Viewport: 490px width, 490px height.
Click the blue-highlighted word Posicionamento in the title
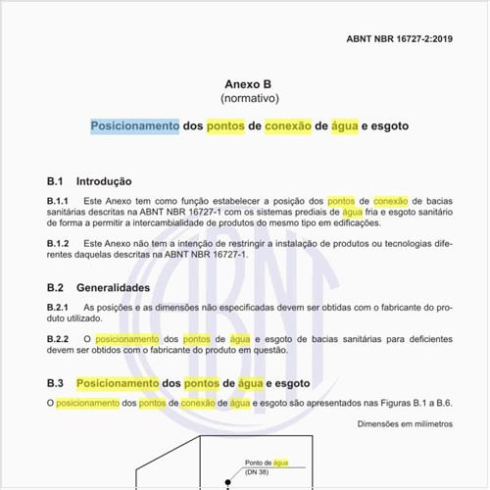tap(135, 126)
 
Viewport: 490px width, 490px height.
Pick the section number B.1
tap(56, 181)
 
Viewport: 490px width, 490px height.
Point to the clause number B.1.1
tap(59, 200)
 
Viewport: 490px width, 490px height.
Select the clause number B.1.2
tap(59, 242)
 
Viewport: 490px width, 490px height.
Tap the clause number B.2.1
tap(59, 308)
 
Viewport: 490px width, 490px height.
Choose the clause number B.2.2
tap(59, 339)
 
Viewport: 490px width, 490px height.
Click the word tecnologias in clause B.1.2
tap(402, 242)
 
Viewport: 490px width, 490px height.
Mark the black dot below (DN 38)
tap(227, 481)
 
